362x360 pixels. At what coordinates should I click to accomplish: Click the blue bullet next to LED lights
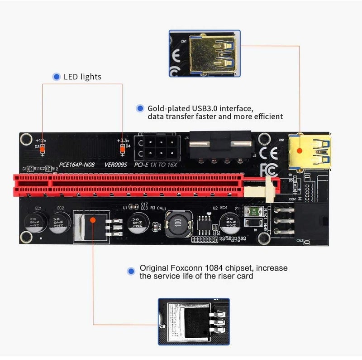click(x=57, y=77)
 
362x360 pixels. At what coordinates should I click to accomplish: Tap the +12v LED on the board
click(x=43, y=148)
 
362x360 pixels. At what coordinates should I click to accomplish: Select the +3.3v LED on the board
click(x=122, y=148)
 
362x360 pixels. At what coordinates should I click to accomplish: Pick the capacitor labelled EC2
click(x=60, y=224)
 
